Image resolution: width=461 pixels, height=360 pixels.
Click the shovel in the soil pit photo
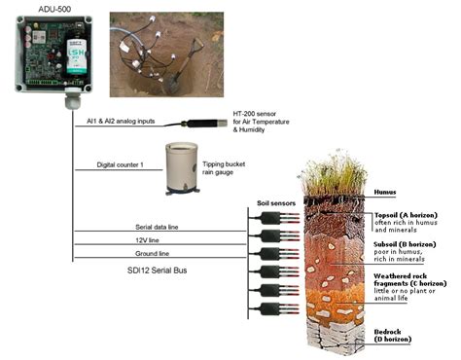tap(180, 59)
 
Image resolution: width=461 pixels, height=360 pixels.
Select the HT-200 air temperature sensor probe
tap(205, 123)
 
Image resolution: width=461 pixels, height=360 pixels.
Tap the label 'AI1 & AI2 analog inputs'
tap(117, 121)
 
